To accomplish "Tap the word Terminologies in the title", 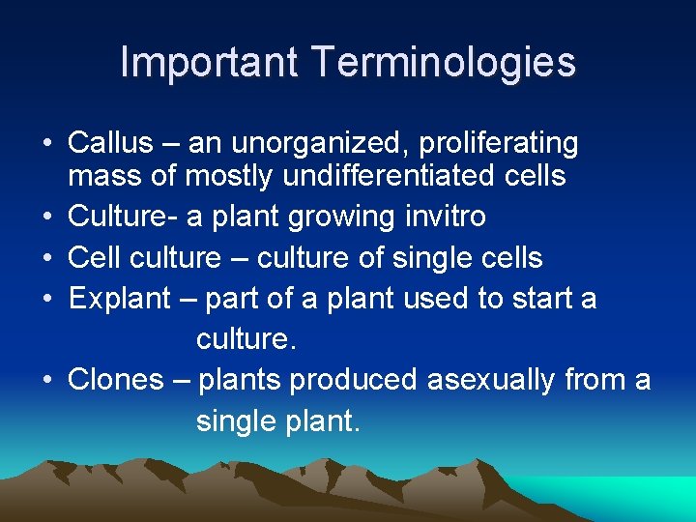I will [444, 63].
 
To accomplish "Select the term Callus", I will [110, 143].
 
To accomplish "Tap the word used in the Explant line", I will [434, 299].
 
